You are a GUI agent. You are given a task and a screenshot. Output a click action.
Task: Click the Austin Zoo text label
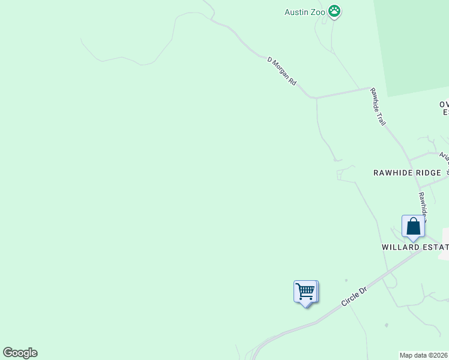[x=305, y=11]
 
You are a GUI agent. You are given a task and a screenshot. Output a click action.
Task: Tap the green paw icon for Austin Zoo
[x=335, y=11]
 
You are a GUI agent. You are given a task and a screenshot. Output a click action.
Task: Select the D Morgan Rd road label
[x=282, y=71]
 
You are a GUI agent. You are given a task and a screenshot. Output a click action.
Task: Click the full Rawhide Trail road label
[x=378, y=107]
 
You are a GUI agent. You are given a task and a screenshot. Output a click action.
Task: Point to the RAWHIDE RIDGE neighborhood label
[x=407, y=173]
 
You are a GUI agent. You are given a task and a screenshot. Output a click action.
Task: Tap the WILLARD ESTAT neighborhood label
[x=415, y=247]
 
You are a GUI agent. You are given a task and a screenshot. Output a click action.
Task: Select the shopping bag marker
[x=413, y=227]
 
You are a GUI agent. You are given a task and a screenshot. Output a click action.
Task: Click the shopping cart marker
[x=306, y=292]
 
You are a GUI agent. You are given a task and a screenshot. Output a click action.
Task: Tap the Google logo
[x=20, y=353]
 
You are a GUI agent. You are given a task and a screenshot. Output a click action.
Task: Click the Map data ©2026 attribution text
[x=424, y=355]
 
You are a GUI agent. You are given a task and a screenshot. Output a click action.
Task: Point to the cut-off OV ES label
[x=444, y=108]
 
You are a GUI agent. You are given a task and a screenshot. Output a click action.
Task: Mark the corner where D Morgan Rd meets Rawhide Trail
[x=369, y=89]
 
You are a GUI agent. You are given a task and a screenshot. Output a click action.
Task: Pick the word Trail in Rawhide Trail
[x=382, y=118]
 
